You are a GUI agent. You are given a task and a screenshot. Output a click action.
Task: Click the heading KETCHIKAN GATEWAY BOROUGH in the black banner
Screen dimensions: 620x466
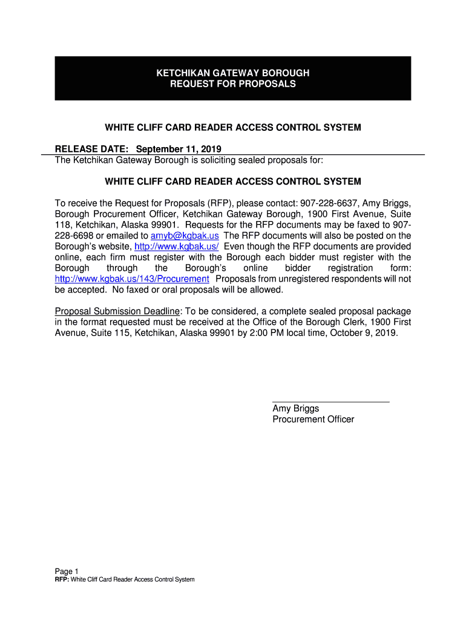(233, 73)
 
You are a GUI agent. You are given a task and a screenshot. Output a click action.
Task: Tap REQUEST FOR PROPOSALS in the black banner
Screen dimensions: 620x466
(233, 84)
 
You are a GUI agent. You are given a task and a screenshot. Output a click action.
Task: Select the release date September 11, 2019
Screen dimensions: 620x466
(179, 149)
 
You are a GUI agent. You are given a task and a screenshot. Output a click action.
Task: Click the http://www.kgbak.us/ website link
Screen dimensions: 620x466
(176, 246)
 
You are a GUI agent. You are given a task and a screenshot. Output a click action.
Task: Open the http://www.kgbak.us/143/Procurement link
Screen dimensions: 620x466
(132, 279)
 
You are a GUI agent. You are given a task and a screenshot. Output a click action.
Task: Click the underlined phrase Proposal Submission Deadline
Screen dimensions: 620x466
(117, 311)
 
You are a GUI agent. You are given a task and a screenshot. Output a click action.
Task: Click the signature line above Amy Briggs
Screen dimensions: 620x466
(330, 401)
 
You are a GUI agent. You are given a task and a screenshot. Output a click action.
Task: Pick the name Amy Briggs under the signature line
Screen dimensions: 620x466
(295, 409)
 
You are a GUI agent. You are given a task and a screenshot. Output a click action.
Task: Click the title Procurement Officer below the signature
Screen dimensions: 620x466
(313, 420)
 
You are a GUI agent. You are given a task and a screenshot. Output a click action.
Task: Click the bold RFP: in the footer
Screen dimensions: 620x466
(62, 580)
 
